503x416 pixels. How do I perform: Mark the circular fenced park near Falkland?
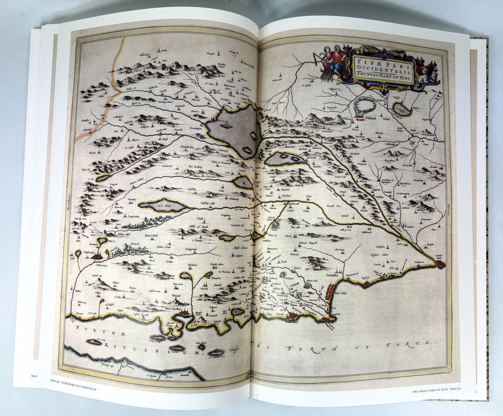tap(364, 106)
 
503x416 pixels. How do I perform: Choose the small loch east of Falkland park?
tap(403, 109)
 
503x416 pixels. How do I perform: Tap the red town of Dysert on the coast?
tap(367, 283)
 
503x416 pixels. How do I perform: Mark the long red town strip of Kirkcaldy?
tap(329, 292)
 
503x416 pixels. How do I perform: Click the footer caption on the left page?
tap(65, 376)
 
